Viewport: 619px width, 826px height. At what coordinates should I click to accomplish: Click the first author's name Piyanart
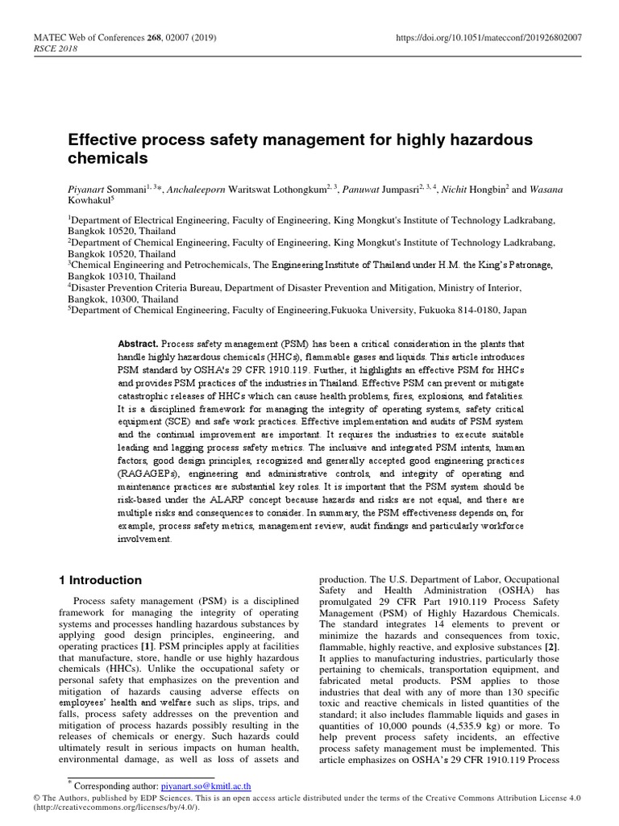[89, 190]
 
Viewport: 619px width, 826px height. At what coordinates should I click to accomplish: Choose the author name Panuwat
[368, 190]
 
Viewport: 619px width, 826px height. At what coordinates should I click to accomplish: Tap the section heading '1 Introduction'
[101, 580]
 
